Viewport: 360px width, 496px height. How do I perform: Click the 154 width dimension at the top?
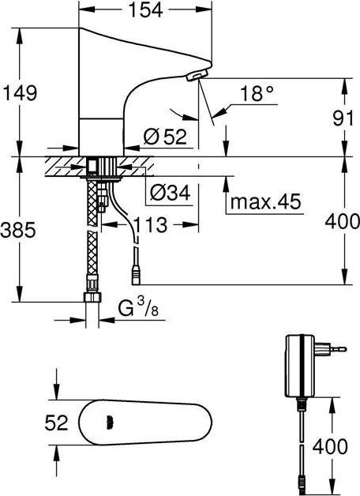pyautogui.click(x=146, y=9)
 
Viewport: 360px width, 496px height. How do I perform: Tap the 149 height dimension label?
pyautogui.click(x=20, y=93)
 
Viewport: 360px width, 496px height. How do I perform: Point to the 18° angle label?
pyautogui.click(x=257, y=93)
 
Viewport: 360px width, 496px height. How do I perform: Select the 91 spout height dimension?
pyautogui.click(x=343, y=118)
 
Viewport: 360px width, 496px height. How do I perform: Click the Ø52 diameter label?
pyautogui.click(x=165, y=137)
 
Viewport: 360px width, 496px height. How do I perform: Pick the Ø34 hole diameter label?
pyautogui.click(x=170, y=192)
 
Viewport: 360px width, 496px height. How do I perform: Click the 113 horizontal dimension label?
pyautogui.click(x=150, y=225)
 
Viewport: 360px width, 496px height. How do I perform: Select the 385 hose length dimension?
pyautogui.click(x=18, y=230)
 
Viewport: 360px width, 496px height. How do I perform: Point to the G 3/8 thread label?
pyautogui.click(x=138, y=308)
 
